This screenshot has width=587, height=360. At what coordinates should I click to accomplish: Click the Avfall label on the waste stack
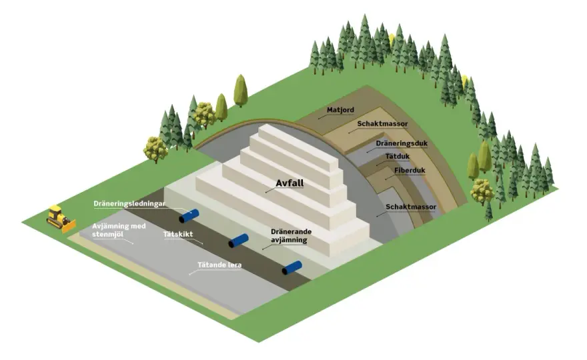tap(289, 183)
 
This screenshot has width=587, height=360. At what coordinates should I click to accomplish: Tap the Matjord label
tap(340, 110)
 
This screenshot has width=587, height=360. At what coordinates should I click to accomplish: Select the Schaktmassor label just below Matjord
tap(382, 124)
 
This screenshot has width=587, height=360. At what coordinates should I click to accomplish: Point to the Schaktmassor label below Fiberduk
tap(411, 207)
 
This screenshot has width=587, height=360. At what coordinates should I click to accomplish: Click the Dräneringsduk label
tap(402, 143)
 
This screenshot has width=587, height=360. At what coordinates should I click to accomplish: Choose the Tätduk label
tap(397, 157)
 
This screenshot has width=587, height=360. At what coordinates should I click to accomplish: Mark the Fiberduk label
tap(410, 171)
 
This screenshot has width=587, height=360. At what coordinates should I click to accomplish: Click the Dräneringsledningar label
tap(129, 204)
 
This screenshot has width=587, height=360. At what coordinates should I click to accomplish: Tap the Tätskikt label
tap(178, 234)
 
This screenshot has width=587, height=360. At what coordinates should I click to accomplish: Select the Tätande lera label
tap(219, 265)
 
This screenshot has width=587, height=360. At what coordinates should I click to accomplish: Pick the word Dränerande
tap(291, 231)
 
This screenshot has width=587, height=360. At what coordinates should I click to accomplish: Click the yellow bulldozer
tap(61, 219)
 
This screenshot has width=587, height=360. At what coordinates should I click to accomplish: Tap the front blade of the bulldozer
tap(69, 226)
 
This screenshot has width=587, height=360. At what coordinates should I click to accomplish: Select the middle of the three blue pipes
tap(239, 241)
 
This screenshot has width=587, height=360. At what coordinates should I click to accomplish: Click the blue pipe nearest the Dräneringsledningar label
tap(189, 216)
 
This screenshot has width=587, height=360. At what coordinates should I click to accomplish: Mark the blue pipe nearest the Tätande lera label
tap(291, 268)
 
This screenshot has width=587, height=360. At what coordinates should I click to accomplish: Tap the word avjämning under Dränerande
tap(289, 240)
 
